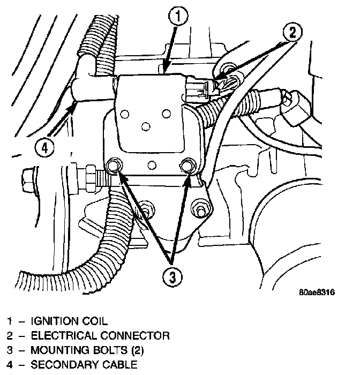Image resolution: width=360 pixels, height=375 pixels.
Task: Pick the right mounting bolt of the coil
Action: click(x=187, y=166)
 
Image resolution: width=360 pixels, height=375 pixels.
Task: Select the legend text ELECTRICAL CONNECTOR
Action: click(x=100, y=336)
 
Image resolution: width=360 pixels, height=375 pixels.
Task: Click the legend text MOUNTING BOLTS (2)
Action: click(x=87, y=351)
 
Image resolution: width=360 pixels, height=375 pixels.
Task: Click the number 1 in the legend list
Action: click(x=10, y=321)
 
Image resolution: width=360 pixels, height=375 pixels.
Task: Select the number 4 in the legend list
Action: click(x=10, y=365)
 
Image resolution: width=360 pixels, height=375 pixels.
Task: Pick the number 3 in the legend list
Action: click(x=10, y=351)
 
